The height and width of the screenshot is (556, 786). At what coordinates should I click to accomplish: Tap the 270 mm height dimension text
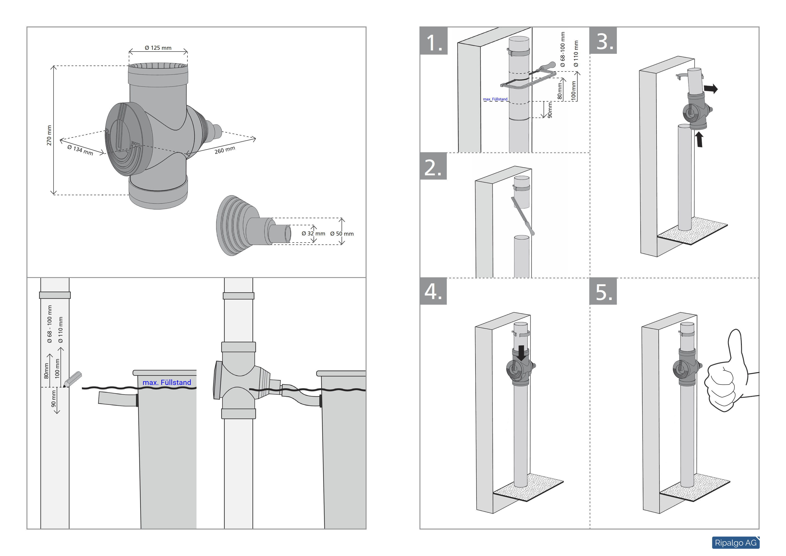coord(49,135)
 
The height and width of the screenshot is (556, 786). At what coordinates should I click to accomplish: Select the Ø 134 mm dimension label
coord(80,150)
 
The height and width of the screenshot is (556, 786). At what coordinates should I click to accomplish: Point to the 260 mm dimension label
coord(225,150)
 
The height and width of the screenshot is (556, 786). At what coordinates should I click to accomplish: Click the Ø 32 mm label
coord(313,234)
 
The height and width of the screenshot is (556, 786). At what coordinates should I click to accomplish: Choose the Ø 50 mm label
coord(342,234)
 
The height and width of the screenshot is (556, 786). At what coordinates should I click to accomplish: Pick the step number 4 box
coord(433,291)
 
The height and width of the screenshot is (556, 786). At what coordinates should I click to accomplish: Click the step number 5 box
coord(603,291)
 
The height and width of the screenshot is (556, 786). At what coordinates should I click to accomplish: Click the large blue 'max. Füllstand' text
coord(167,382)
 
